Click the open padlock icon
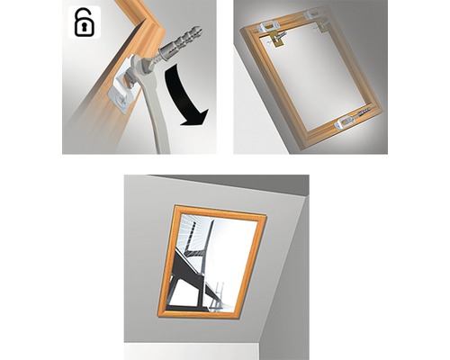(x=83, y=23)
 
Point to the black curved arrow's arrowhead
(x=196, y=115)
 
